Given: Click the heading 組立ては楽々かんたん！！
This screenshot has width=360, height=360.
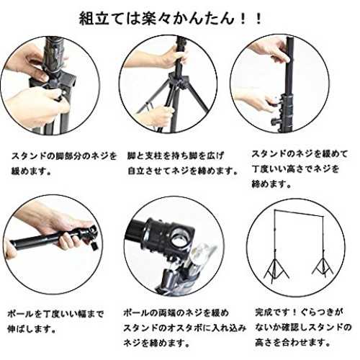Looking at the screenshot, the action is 171,19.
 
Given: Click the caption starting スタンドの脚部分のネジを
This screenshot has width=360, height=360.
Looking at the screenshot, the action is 64,163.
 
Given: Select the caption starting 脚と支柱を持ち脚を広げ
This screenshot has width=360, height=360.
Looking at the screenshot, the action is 183,163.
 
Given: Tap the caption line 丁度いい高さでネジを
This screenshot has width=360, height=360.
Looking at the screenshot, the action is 295,169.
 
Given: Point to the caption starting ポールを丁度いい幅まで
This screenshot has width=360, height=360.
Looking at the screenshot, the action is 55,321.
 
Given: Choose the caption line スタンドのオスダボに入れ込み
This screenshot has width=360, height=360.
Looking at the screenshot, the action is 185,328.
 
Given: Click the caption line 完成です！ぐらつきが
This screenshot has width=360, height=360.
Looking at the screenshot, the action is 299,312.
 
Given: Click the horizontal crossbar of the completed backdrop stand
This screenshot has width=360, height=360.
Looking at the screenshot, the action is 299,212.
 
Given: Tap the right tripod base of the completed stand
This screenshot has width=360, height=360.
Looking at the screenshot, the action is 323,266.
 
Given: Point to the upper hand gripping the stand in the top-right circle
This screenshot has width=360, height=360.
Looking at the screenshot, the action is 271,51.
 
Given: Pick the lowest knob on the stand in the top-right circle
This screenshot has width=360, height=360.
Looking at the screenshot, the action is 275,121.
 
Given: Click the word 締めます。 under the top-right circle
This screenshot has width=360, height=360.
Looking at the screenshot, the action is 271,184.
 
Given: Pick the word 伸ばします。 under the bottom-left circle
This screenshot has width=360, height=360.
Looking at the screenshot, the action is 32,328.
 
